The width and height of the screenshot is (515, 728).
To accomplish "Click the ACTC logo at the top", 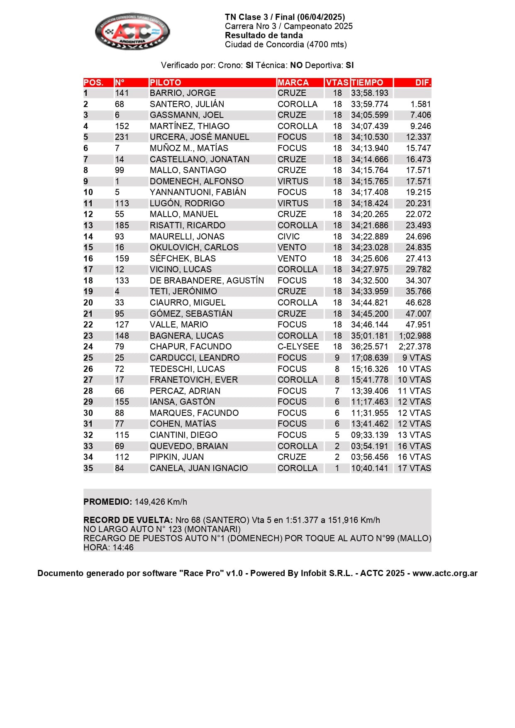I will click(x=132, y=32).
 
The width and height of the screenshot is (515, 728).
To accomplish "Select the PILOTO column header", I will click(x=165, y=82).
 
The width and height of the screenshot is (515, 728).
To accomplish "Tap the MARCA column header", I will click(x=293, y=82).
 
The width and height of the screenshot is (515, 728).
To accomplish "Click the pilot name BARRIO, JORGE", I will click(x=183, y=93).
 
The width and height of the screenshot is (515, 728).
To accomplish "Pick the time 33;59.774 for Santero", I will click(x=369, y=104).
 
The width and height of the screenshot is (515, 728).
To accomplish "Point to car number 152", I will click(x=122, y=126).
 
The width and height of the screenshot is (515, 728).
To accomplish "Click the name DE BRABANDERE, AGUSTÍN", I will click(x=207, y=281).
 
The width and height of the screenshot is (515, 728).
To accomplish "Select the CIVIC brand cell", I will click(x=288, y=237).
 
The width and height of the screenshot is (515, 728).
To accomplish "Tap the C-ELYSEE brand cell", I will click(x=298, y=347).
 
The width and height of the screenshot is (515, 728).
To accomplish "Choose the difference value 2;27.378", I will click(x=415, y=347).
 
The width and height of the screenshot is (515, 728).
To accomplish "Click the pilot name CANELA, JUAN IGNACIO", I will click(x=199, y=468).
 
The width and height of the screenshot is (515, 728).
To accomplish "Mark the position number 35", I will click(x=88, y=468).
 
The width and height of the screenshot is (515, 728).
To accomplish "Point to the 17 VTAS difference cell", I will click(x=414, y=468).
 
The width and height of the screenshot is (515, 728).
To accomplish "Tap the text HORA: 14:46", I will click(x=108, y=547).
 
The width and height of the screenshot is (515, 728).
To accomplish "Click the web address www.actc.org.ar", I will click(x=445, y=573).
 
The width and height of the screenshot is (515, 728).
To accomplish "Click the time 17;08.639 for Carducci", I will click(x=369, y=358).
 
